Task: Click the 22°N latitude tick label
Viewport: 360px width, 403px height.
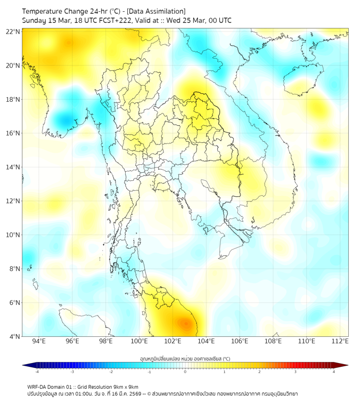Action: pyautogui.click(x=13, y=32)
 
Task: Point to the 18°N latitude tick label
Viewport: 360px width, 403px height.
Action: pyautogui.click(x=13, y=100)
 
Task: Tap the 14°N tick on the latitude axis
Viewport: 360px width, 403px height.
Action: pyautogui.click(x=13, y=167)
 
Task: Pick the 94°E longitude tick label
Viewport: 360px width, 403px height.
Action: pyautogui.click(x=39, y=341)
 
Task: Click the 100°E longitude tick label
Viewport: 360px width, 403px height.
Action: pyautogui.click(x=139, y=341)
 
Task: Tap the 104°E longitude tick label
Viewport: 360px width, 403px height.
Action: pyautogui.click(x=206, y=341)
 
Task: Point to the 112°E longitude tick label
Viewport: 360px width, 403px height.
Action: pyautogui.click(x=340, y=341)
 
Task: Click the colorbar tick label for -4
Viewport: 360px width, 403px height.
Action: pyautogui.click(x=36, y=372)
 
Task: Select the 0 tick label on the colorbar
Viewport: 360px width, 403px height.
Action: pyautogui.click(x=185, y=372)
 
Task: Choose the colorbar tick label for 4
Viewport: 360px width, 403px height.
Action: pyautogui.click(x=334, y=372)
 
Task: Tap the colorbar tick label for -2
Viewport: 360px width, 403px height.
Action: pyautogui.click(x=111, y=372)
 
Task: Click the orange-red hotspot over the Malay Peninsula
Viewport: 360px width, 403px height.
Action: pyautogui.click(x=185, y=323)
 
